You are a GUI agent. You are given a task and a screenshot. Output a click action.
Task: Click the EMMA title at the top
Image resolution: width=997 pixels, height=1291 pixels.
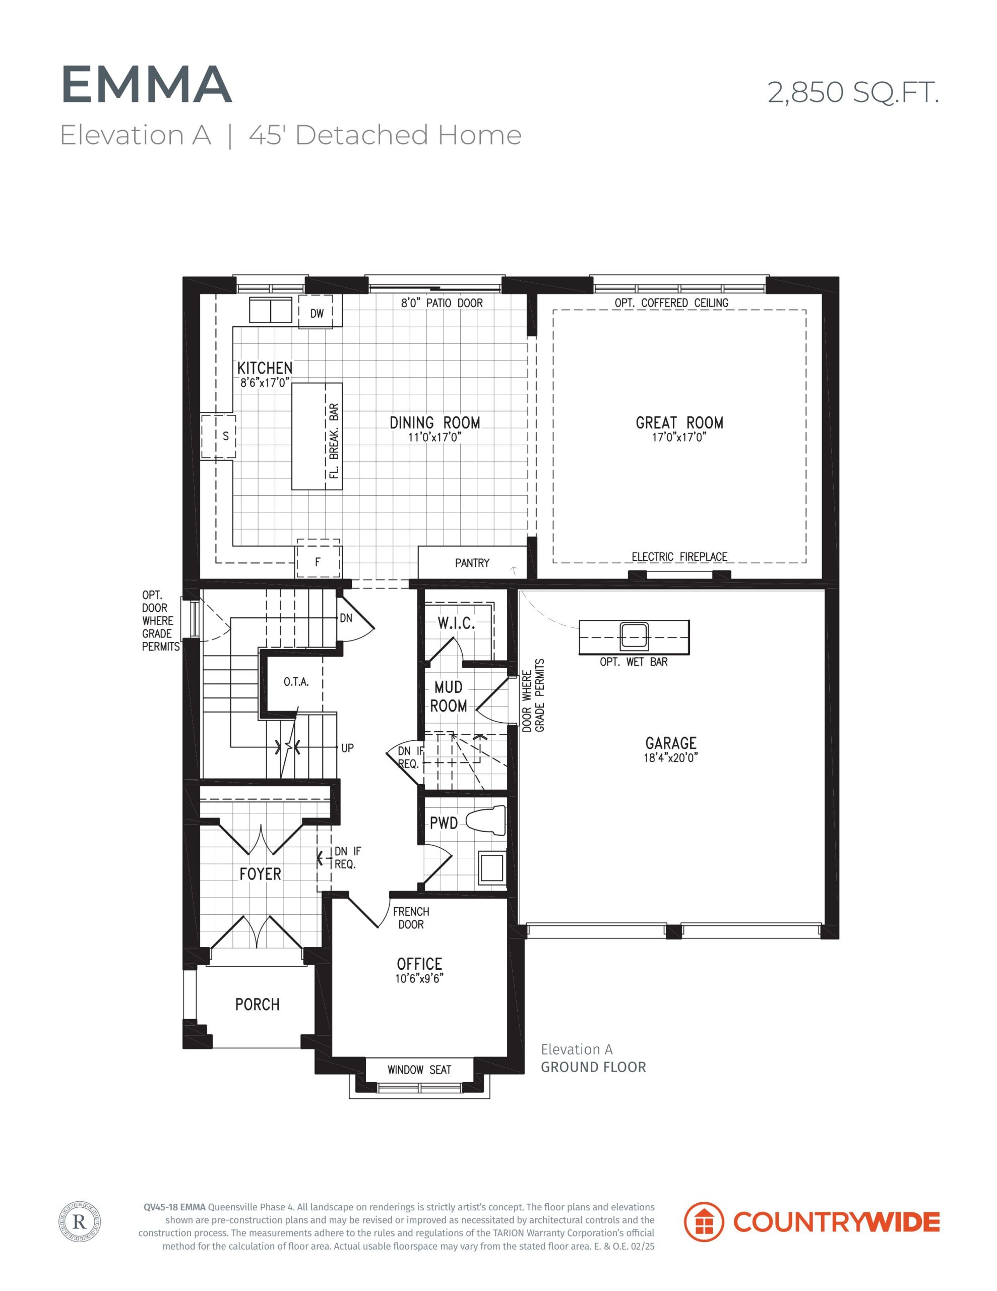pos(146,85)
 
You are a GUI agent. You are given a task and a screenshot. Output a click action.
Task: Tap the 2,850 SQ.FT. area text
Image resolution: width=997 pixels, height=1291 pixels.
pos(853,93)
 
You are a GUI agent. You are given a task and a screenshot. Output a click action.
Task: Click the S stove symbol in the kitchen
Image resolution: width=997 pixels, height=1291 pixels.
pos(219,436)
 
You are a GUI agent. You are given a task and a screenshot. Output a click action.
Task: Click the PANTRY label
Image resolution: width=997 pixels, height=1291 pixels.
pos(472,563)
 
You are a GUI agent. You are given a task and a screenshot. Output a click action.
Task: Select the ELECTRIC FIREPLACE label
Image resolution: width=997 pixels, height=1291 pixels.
pos(679,557)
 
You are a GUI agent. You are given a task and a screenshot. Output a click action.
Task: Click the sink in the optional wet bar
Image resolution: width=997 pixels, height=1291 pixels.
pos(634,636)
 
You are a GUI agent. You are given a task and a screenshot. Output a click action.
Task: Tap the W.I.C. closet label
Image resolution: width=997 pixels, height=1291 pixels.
pos(456,623)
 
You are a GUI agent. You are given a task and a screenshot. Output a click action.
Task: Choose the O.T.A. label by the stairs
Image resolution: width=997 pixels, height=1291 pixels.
pos(296,682)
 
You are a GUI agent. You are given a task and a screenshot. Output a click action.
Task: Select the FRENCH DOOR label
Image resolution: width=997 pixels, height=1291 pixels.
pos(411,918)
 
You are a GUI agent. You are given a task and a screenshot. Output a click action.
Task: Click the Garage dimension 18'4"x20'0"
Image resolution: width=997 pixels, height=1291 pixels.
pos(671,758)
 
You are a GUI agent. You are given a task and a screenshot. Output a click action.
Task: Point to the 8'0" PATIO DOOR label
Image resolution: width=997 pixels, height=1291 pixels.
pos(442,303)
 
